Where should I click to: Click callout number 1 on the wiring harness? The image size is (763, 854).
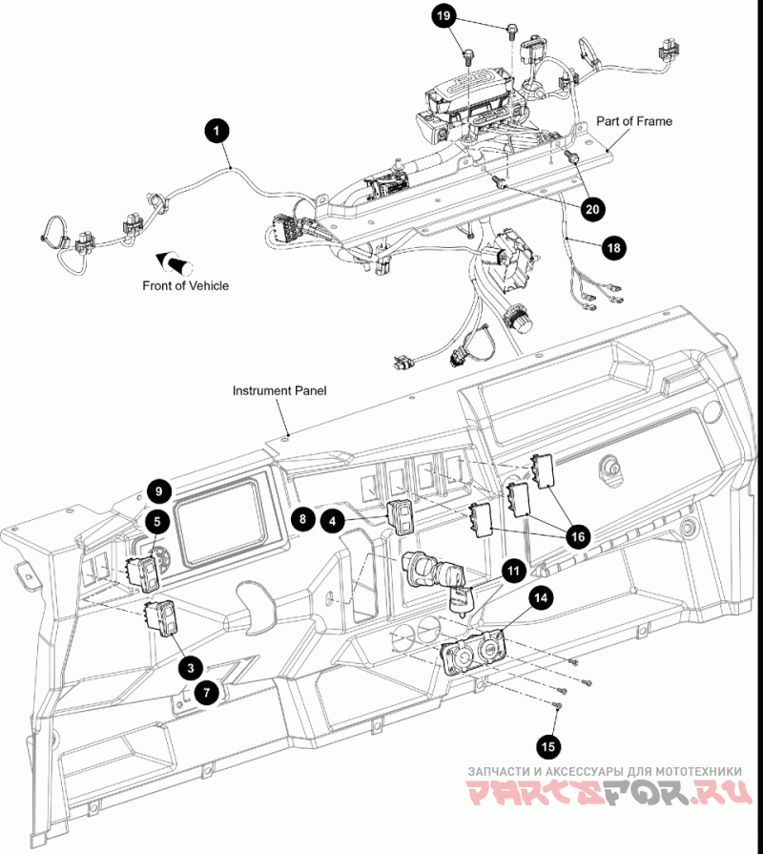[217, 131]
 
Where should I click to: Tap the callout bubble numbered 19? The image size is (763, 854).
[443, 16]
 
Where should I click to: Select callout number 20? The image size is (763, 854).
[592, 209]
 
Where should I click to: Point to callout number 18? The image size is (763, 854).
[613, 248]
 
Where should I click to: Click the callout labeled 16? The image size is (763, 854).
[578, 537]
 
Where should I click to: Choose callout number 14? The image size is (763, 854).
[541, 598]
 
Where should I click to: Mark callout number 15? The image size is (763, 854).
[548, 746]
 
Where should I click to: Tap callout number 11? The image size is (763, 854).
[513, 571]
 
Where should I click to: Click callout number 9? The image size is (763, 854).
[158, 491]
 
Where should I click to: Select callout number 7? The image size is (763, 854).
[206, 693]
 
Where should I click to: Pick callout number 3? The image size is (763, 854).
[191, 668]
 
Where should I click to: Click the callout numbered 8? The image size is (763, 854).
[302, 518]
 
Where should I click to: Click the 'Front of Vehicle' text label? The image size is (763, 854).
[186, 285]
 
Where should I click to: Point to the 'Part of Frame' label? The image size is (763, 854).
[634, 121]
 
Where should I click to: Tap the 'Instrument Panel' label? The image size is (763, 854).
[279, 390]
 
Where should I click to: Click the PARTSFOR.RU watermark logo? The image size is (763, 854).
[610, 792]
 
